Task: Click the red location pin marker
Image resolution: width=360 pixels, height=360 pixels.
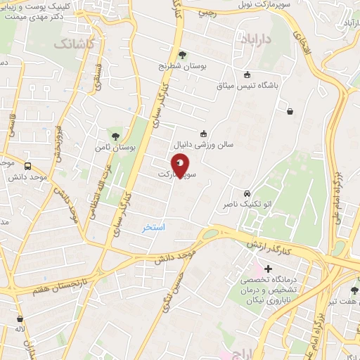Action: [180, 166]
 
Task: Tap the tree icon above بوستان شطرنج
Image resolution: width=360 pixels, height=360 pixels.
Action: [182, 54]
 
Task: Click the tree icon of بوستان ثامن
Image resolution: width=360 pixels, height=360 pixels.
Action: [115, 136]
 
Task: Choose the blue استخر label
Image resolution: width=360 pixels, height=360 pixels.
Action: [153, 227]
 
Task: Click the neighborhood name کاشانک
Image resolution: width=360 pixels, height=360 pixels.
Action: [73, 44]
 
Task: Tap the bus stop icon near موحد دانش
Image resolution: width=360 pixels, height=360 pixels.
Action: [27, 167]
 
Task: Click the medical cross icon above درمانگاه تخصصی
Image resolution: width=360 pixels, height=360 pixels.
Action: [268, 268]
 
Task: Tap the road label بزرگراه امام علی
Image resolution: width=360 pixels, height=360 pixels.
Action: [338, 190]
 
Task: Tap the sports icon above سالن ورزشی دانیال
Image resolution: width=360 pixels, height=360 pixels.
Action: [203, 133]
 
